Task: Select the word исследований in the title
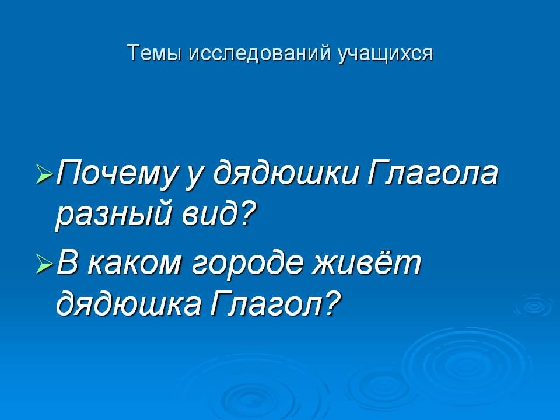[x=259, y=54]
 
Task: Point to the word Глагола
[x=432, y=172]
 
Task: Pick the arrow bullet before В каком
[x=44, y=265]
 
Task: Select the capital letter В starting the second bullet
[x=69, y=262]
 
